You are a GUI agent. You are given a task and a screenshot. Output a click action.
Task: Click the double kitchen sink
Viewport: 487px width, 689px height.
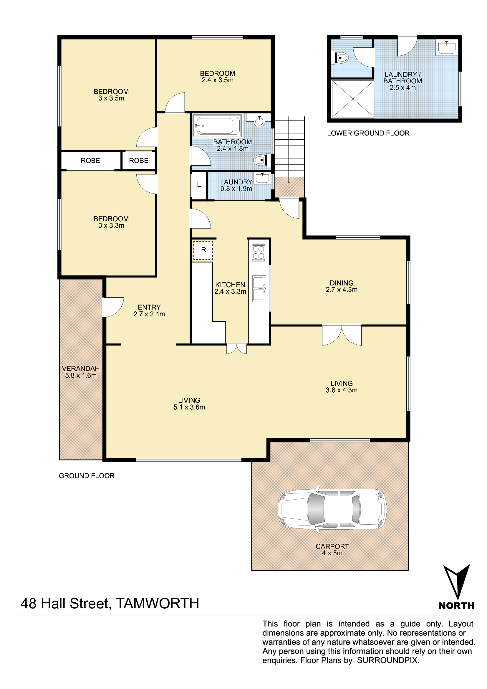pyautogui.click(x=259, y=289)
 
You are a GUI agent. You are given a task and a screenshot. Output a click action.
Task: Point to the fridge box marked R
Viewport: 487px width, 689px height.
pyautogui.click(x=203, y=250)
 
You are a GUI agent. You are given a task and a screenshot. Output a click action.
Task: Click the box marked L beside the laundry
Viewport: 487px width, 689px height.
pyautogui.click(x=199, y=185)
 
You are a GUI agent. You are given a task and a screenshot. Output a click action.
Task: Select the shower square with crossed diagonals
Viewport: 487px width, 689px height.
pyautogui.click(x=353, y=99)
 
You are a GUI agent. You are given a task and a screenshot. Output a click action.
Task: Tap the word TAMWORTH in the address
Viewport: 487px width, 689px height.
pyautogui.click(x=158, y=604)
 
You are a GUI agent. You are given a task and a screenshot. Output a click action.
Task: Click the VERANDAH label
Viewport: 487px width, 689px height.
pyautogui.click(x=81, y=369)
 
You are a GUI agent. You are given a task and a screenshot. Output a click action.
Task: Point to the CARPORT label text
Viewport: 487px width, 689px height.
pyautogui.click(x=332, y=546)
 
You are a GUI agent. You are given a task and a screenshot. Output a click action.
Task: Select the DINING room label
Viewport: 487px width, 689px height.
pyautogui.click(x=342, y=283)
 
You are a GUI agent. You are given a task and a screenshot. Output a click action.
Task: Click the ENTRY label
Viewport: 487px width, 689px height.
pyautogui.click(x=149, y=307)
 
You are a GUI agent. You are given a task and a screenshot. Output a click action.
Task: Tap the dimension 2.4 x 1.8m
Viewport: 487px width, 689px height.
pyautogui.click(x=232, y=148)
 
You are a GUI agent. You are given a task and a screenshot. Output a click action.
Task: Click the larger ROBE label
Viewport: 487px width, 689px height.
pyautogui.click(x=90, y=161)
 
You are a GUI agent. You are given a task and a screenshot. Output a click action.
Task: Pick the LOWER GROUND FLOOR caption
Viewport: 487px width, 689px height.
pyautogui.click(x=368, y=133)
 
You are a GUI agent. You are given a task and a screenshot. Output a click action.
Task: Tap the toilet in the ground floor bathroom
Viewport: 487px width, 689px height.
pyautogui.click(x=260, y=160)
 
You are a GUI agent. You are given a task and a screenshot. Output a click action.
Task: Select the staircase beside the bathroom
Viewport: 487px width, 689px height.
pyautogui.click(x=289, y=150)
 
